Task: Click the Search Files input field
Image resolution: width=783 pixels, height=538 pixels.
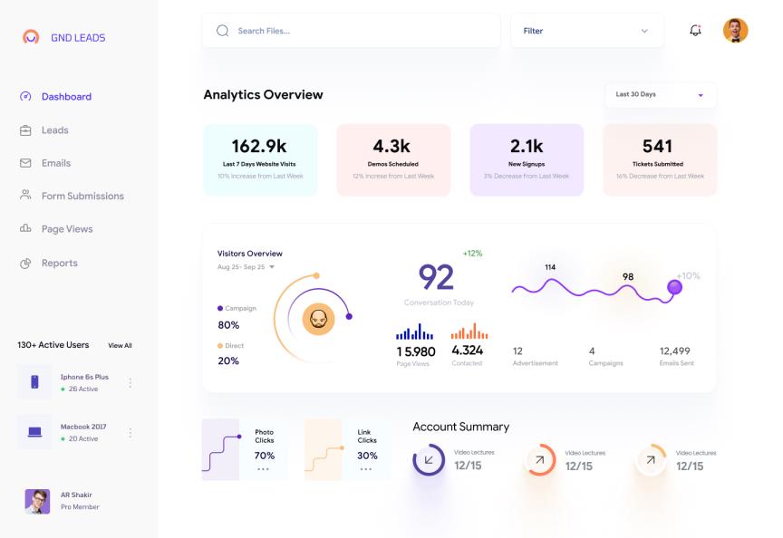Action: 353,31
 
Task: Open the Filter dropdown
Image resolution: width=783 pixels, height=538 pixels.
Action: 585,31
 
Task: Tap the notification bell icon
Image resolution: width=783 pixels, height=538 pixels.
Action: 695,31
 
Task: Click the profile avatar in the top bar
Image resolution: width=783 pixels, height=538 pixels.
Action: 735,31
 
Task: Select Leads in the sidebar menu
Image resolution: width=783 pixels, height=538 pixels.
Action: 54,130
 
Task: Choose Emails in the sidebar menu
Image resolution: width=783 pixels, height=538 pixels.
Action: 55,163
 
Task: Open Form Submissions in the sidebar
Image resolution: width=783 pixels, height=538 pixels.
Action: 82,196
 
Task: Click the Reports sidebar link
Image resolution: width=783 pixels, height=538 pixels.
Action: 59,263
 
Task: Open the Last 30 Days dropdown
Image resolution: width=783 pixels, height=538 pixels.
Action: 660,95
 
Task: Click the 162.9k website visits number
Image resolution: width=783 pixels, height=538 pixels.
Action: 259,146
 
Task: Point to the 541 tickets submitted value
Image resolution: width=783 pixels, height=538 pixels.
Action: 657,146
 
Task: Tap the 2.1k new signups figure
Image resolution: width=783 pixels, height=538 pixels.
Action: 527,146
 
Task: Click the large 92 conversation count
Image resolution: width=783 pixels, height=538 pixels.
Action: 436,277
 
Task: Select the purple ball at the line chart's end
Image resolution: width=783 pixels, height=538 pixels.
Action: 674,287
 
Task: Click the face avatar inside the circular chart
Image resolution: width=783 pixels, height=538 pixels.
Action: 318,319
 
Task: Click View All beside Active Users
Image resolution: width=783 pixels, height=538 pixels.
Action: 120,345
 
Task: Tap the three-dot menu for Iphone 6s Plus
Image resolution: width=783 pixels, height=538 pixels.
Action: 130,383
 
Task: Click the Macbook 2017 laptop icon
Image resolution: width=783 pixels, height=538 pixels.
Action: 34,432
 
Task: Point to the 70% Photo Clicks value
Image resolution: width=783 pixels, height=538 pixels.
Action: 264,456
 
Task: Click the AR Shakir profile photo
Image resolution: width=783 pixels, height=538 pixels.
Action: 37,501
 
